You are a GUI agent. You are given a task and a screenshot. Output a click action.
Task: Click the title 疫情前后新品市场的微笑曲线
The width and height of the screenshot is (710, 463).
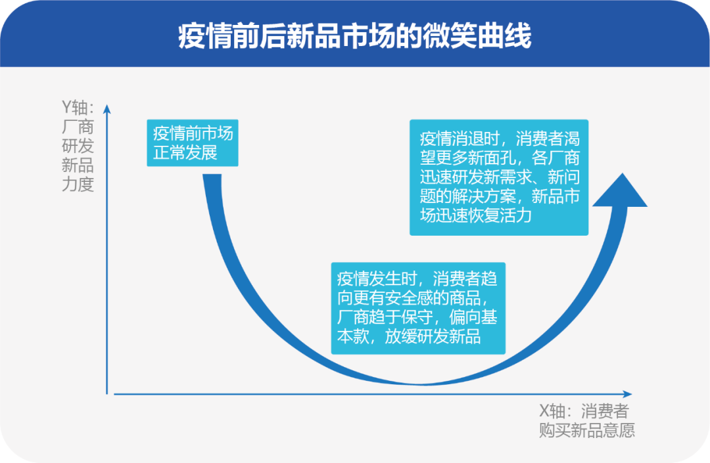click(355, 37)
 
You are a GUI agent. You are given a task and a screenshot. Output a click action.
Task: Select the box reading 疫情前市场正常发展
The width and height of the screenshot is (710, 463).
click(193, 143)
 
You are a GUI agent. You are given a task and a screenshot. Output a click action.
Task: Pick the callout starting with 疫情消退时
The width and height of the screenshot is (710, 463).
click(498, 177)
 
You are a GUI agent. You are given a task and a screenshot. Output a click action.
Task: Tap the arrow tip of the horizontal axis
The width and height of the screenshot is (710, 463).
click(629, 394)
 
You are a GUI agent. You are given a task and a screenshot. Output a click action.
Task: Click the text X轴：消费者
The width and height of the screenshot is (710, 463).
click(583, 412)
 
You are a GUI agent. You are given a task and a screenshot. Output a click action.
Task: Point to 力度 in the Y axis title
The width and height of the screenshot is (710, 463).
click(78, 185)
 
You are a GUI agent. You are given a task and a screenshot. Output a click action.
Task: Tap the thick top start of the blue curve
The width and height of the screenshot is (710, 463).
click(210, 179)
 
